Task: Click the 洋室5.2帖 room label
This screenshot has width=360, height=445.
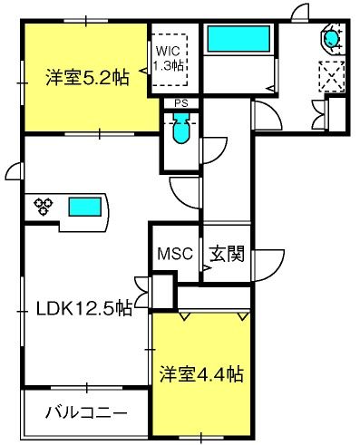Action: coord(87,78)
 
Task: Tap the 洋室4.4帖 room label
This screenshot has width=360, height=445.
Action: coord(201,374)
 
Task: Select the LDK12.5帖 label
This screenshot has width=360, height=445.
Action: coord(84,308)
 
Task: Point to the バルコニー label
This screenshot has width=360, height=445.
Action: coord(86,412)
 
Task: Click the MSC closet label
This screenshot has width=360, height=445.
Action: coord(175,253)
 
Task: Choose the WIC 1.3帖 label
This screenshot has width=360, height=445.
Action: coord(169,58)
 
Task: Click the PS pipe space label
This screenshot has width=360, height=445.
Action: coord(181,103)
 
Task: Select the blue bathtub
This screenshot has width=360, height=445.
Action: coord(238,39)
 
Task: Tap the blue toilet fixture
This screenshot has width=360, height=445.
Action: coord(181,128)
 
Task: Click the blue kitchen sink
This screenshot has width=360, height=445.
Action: coord(85,207)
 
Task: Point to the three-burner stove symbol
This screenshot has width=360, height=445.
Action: coord(44,207)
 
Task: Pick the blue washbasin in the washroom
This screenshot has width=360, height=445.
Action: coord(332,38)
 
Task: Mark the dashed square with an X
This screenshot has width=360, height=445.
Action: coord(332,77)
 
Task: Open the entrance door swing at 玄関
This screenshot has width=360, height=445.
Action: coord(268,266)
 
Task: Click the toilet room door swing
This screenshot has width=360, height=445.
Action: coord(214,150)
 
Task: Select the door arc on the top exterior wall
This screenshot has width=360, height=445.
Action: coord(300,12)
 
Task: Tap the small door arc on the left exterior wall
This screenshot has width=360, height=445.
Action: coord(15,171)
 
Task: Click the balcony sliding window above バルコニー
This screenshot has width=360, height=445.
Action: coord(87,388)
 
